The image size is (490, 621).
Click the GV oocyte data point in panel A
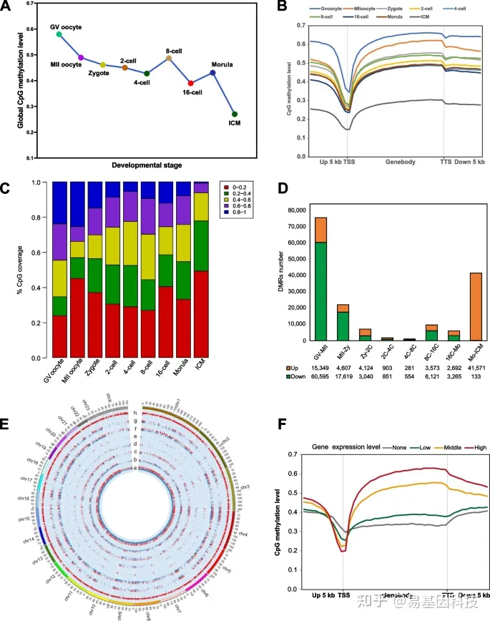[59, 34]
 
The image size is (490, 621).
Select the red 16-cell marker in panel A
[190, 83]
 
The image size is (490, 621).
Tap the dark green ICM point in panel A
[235, 114]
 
